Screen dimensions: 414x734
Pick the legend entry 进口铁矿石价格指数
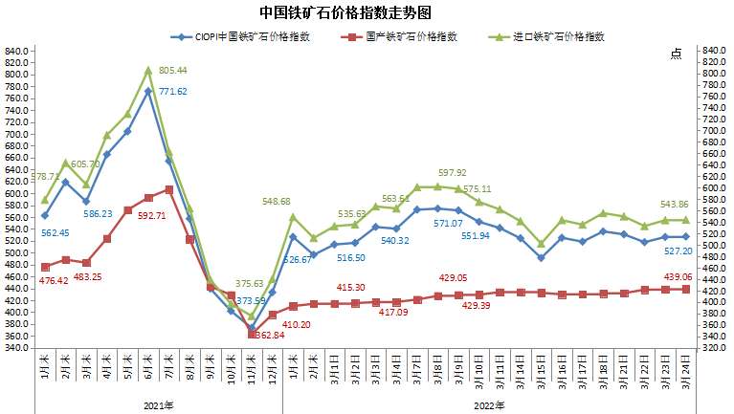[x=559, y=37]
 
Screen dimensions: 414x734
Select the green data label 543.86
[x=680, y=206]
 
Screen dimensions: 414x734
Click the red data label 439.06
[x=680, y=277]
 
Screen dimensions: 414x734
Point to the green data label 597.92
[x=453, y=173]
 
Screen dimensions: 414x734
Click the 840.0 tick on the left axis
[x=15, y=51]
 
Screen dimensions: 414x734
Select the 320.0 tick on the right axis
[x=717, y=348]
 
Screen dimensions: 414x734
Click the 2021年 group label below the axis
[x=158, y=405]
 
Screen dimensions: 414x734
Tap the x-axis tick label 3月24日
[x=686, y=369]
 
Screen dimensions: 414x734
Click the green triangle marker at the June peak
[x=148, y=70]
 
